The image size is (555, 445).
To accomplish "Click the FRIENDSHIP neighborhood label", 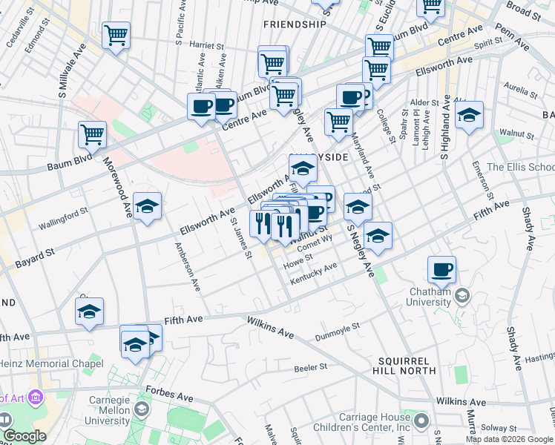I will (295, 24).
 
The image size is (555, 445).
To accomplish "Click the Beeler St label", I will (310, 367).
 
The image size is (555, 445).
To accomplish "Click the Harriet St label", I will (208, 45).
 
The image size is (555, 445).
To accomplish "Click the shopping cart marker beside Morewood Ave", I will (93, 134).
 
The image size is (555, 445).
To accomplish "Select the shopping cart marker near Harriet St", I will (116, 34).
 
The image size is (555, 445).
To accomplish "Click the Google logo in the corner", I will (24, 436).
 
